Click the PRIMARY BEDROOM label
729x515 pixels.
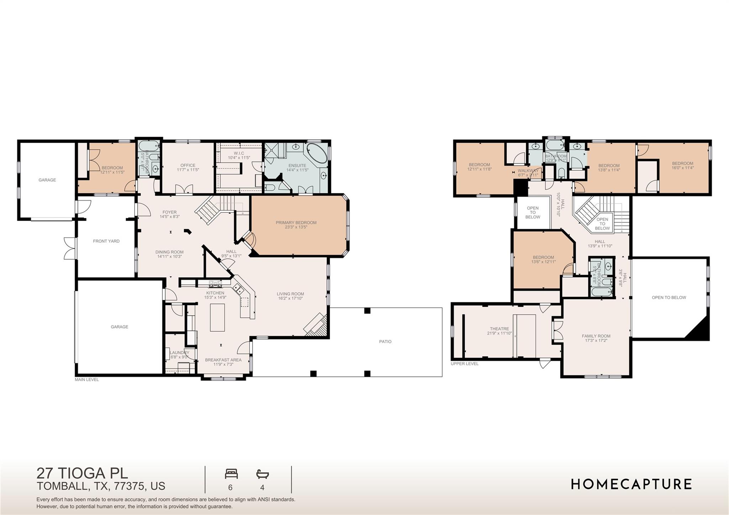(x=296, y=223)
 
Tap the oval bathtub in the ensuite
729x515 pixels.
(x=316, y=154)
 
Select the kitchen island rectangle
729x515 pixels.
(x=217, y=317)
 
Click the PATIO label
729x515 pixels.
(x=385, y=342)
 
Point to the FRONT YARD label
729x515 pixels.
(x=106, y=241)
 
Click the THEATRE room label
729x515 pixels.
(x=499, y=329)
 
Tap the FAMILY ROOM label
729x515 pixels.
(x=596, y=336)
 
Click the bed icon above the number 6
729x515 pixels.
(x=231, y=474)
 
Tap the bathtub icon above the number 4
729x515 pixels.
(x=262, y=474)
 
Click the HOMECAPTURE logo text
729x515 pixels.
(x=631, y=484)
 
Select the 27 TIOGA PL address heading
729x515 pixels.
(x=82, y=473)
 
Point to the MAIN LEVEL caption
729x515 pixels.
(x=86, y=380)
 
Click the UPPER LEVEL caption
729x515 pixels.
(x=465, y=364)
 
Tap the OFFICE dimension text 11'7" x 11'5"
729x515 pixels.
(x=188, y=170)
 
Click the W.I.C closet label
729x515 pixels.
(x=239, y=153)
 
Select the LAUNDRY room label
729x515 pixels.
(x=179, y=353)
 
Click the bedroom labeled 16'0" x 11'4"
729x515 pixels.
(x=682, y=165)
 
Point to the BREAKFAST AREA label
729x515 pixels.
(x=223, y=360)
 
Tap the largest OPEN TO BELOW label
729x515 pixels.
(x=669, y=298)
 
